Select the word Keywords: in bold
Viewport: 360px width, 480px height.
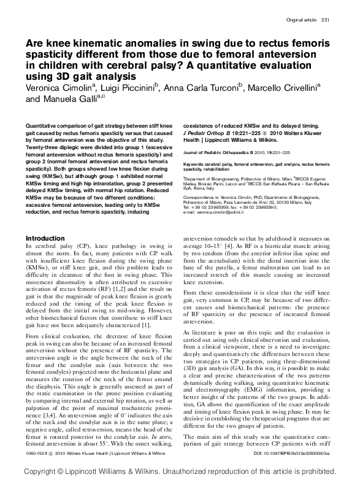tap(197, 165)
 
